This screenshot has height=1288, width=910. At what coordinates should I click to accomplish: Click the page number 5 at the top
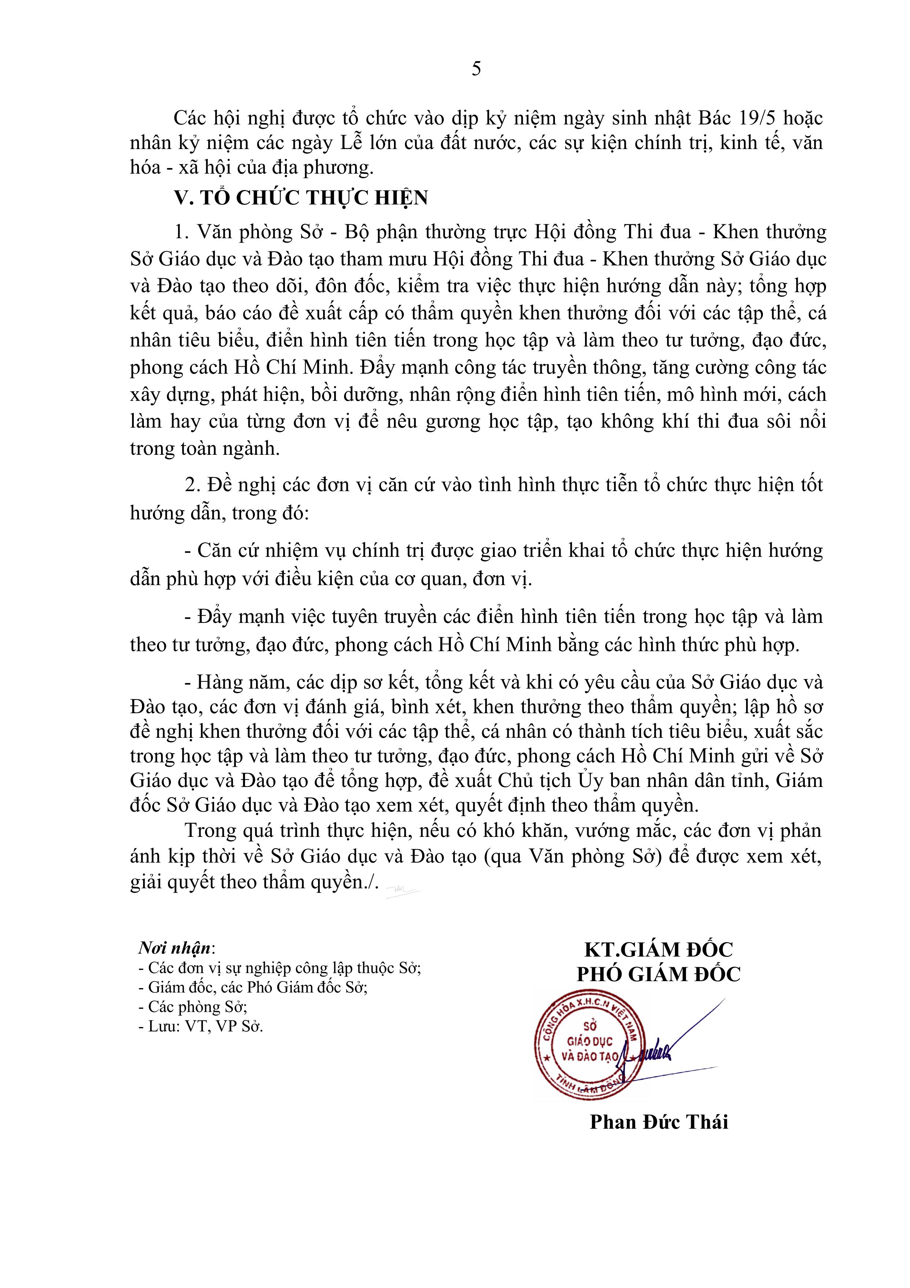coord(476,69)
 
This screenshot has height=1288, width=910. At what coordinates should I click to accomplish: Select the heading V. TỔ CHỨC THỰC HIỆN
coord(301,197)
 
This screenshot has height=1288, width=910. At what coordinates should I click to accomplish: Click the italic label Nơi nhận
coord(175,948)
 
